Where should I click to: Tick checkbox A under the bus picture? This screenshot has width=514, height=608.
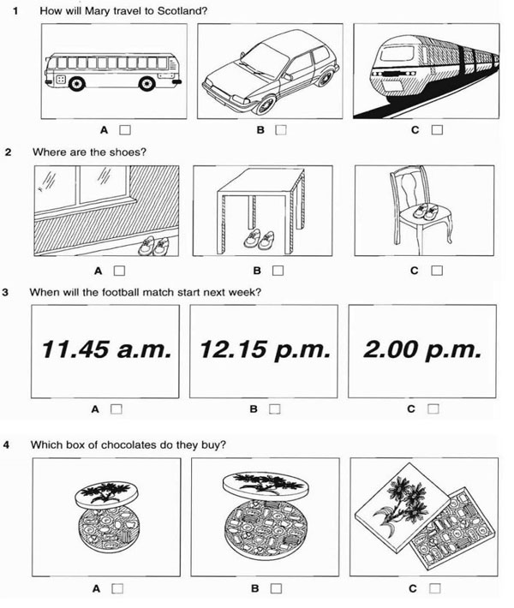coord(124,131)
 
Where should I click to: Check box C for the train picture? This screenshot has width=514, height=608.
coord(437,131)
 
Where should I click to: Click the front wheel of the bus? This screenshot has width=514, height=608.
coord(77,83)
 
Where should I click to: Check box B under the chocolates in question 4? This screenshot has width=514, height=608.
coord(276,588)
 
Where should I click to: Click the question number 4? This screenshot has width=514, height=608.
coord(7,444)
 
